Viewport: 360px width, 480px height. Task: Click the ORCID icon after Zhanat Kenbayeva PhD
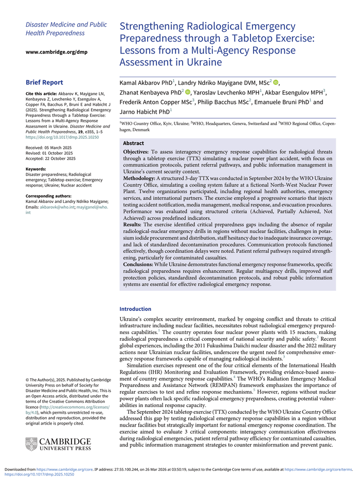tap(187, 92)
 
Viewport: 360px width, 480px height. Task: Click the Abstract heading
tap(134, 143)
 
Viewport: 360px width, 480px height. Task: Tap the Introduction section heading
tap(135, 309)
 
